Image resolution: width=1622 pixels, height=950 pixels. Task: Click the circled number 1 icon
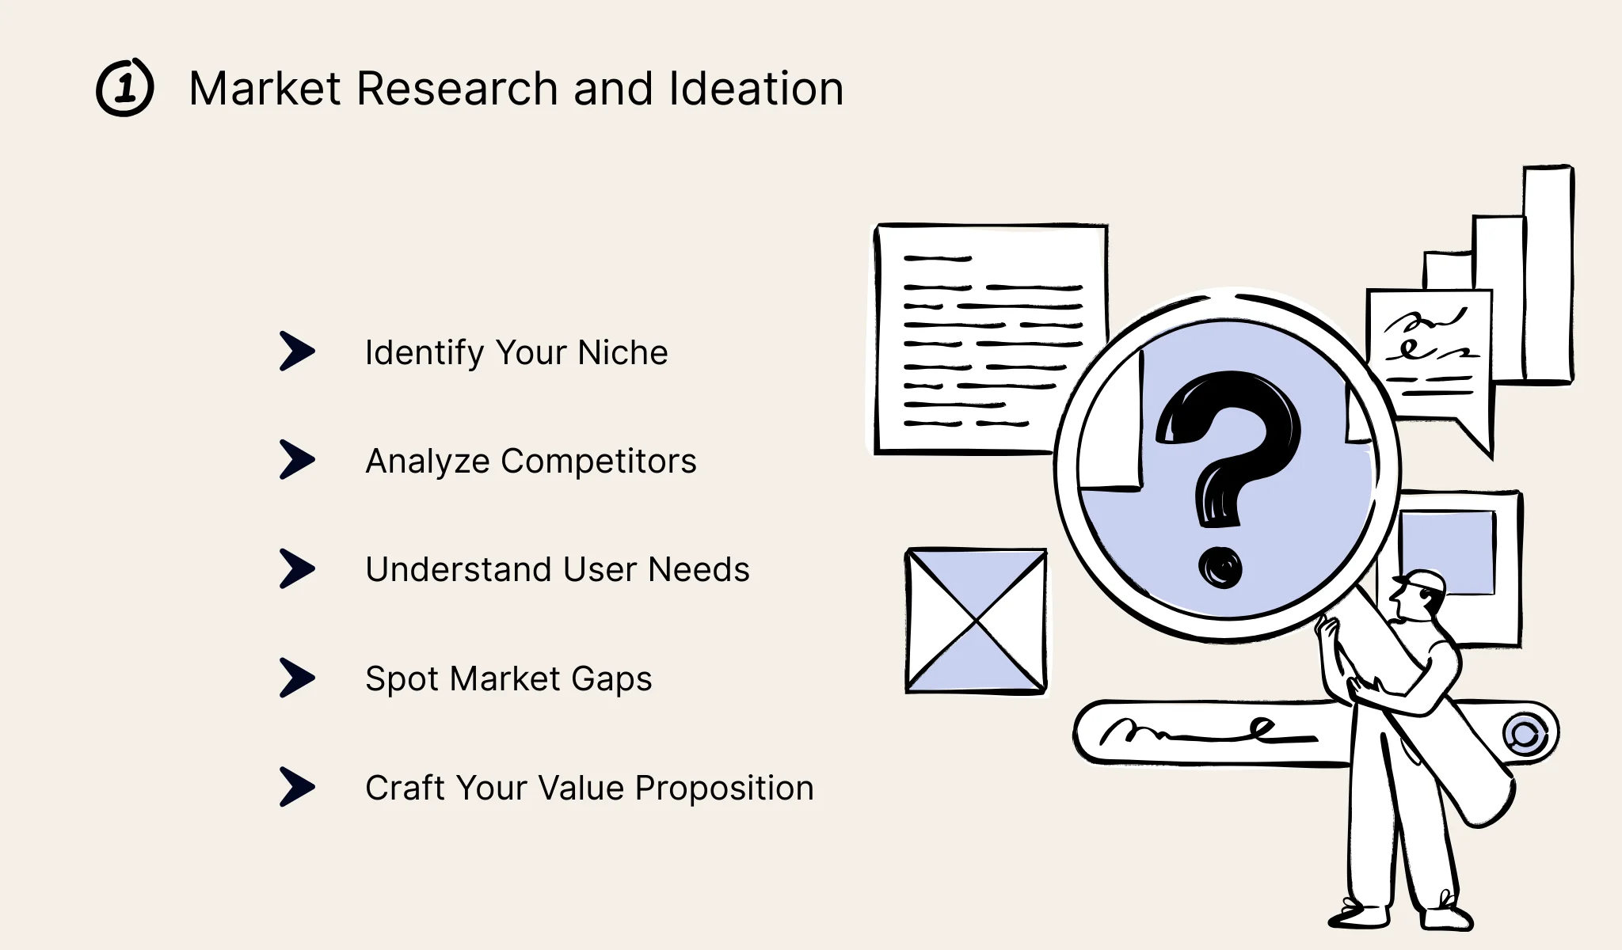pos(125,88)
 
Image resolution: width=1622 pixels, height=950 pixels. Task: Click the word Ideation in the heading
pos(756,88)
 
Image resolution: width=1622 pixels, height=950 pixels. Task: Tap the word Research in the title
pos(457,88)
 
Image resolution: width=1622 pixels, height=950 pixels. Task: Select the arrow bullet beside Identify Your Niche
pos(297,351)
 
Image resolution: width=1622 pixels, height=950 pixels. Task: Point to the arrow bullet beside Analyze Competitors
pos(297,460)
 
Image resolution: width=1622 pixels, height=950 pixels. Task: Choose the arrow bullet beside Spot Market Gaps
pos(297,678)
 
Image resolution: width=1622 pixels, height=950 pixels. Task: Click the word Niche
pos(623,352)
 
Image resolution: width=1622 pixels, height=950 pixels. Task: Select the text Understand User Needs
pos(557,569)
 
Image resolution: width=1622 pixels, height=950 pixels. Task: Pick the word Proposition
pos(724,788)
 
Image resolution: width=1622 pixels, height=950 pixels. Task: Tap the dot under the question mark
pos(1220,567)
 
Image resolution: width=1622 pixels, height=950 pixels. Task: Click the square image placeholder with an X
pos(976,621)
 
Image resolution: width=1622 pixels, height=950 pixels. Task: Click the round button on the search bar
pos(1525,734)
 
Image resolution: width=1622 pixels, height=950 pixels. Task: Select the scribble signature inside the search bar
pos(1204,731)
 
